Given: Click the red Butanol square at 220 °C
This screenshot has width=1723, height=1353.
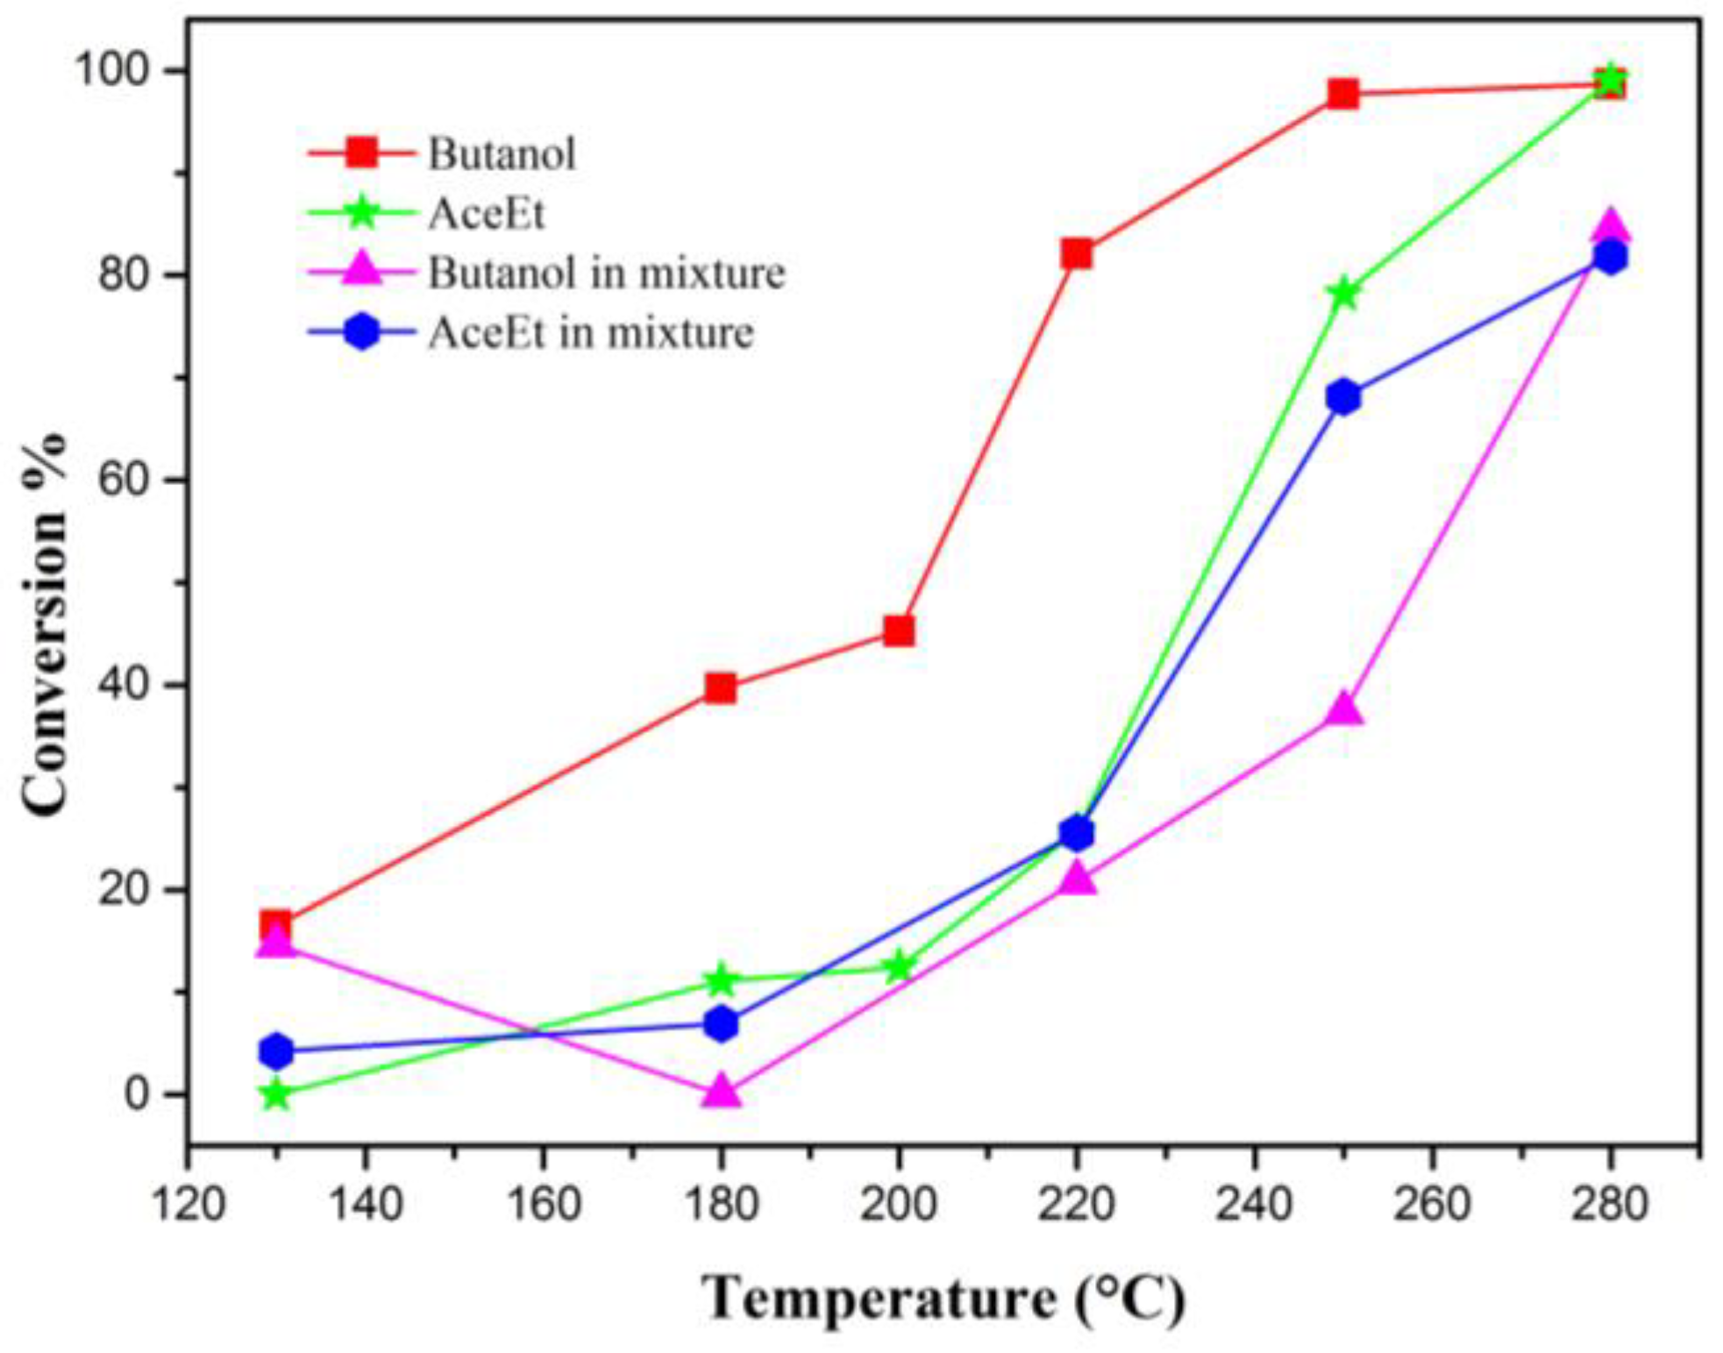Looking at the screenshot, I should [x=1076, y=254].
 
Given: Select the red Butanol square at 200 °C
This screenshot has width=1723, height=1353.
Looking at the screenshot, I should [x=898, y=630].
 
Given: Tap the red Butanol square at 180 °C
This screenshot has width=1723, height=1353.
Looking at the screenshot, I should [x=720, y=688].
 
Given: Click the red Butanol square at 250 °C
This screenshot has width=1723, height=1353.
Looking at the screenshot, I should [x=1342, y=94].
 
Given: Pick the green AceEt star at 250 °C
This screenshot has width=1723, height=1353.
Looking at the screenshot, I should [x=1342, y=294].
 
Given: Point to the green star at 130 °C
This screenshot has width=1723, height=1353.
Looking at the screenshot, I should [x=276, y=1093].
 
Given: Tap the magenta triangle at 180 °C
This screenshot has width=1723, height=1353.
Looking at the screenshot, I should [x=720, y=1091].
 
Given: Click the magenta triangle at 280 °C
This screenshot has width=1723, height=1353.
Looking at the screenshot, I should [x=1610, y=226].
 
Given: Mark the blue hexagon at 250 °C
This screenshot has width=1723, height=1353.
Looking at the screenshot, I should [x=1342, y=397].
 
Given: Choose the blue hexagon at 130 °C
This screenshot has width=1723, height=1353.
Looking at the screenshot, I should [x=276, y=1050].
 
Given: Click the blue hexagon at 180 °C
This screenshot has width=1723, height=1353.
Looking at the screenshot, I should [x=720, y=1023].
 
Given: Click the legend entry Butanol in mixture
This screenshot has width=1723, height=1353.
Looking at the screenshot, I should [x=606, y=273].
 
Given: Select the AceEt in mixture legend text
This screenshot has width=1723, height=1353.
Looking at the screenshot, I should [x=590, y=332].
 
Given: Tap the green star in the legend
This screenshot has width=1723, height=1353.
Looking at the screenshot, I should [x=361, y=212].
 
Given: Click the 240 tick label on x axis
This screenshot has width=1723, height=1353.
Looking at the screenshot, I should [x=1253, y=1203].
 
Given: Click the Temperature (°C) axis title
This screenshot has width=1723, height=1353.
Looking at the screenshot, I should [x=943, y=1299].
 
